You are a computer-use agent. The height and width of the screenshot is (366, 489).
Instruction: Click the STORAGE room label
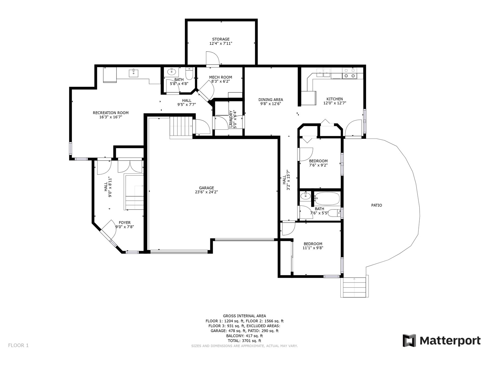coord(221,39)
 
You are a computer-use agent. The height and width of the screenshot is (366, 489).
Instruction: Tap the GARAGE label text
coord(206,188)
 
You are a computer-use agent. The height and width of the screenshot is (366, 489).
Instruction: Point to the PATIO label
coord(377,205)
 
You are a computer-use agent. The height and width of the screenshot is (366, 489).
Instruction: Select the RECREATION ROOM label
coord(111,113)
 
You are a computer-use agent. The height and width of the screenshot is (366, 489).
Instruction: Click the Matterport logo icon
coord(409,340)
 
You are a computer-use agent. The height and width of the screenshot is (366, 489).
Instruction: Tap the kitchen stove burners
coord(350,73)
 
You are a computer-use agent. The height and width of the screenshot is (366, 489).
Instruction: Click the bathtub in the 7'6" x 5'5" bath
coord(327,199)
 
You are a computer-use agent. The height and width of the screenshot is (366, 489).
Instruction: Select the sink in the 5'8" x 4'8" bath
coord(171,72)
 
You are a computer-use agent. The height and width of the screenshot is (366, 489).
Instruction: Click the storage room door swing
coord(213,58)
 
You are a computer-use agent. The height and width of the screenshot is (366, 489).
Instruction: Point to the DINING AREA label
coord(270,100)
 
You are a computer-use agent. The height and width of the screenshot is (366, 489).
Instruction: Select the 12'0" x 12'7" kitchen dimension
coord(335,103)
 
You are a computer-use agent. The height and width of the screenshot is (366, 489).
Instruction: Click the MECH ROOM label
coord(221,77)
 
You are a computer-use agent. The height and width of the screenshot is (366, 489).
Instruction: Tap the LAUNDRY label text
coord(231,119)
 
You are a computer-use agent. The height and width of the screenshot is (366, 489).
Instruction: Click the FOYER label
coord(124,223)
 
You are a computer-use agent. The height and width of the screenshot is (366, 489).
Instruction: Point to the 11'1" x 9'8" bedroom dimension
coord(313,248)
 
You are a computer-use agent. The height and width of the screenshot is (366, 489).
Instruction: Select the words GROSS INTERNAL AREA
coord(244,316)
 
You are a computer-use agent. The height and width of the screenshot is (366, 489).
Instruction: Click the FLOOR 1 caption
coord(19,345)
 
